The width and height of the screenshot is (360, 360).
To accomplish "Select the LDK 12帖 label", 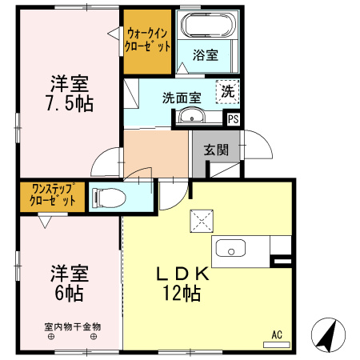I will coord(182,282).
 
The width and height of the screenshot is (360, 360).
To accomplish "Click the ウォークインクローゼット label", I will coord(147,40).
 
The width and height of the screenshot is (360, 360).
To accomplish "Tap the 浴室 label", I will coord(206,55).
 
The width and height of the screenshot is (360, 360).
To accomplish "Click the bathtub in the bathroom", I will coord(206,26).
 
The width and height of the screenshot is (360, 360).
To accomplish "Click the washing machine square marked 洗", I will coord(228,92).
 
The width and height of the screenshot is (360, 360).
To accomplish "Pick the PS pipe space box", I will coord(233,119).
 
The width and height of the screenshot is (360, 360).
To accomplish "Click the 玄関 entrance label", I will coord(215,149).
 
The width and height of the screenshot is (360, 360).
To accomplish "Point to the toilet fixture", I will coord(108,196).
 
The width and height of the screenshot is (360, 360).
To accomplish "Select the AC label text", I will coord(278,334).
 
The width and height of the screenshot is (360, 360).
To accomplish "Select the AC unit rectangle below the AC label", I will coord(277,344).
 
